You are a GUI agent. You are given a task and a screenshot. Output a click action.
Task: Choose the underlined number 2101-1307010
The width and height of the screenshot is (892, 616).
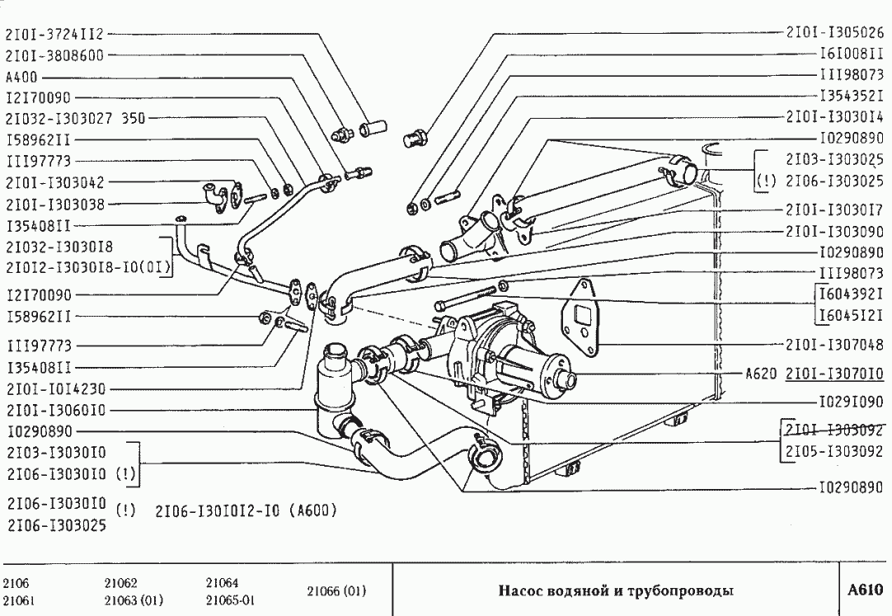(835, 374)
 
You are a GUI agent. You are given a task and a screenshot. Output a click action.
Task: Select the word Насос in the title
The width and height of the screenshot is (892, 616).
(519, 591)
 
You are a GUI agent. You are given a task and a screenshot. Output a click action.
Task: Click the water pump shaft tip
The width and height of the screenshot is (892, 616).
(567, 380)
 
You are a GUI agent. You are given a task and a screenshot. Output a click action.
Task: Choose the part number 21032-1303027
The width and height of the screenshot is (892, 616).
(60, 118)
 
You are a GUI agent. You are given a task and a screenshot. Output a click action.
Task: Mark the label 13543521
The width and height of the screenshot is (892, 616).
(851, 96)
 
